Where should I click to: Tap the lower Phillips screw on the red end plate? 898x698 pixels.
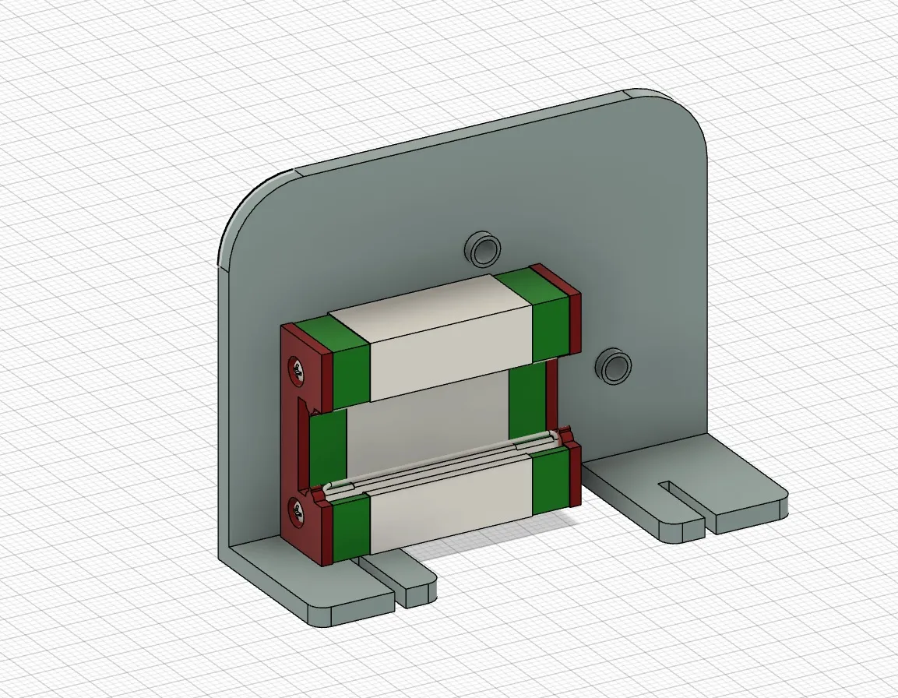[x=298, y=512]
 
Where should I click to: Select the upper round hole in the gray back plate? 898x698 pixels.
[x=484, y=248]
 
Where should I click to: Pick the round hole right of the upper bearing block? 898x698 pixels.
[x=615, y=365]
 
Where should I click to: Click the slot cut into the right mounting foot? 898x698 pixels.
[x=681, y=495]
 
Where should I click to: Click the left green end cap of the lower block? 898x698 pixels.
[x=349, y=530]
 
